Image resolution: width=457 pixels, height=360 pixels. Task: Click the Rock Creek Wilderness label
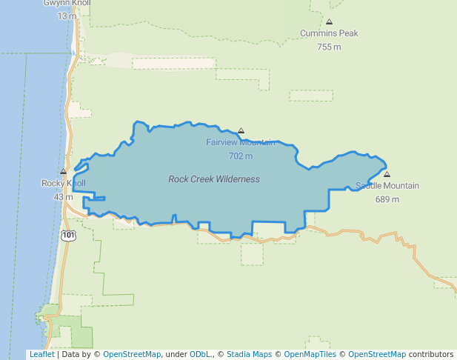click(214, 179)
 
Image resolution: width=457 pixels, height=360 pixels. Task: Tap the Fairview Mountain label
click(240, 142)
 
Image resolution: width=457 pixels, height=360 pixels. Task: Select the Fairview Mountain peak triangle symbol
click(241, 130)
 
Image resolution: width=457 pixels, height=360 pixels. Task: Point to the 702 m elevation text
click(241, 156)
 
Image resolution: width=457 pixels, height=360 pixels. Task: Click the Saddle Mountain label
click(387, 186)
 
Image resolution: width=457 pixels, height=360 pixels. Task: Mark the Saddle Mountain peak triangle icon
click(387, 175)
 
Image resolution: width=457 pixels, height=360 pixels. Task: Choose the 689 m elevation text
click(387, 199)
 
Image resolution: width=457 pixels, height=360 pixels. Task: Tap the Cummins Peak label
click(329, 33)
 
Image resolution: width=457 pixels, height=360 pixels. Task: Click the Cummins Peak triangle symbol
click(329, 22)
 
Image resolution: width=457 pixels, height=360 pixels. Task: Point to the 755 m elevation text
click(329, 47)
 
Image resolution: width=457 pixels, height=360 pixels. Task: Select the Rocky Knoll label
click(63, 183)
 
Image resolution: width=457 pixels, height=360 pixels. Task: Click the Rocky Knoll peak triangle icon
click(63, 172)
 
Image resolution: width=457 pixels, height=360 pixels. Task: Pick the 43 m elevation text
click(63, 197)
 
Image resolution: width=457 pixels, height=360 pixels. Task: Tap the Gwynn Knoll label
click(67, 3)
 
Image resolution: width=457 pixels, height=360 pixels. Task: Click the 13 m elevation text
click(67, 16)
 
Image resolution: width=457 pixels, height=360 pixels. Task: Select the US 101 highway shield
click(68, 235)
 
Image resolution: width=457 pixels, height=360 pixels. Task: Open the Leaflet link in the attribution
click(41, 355)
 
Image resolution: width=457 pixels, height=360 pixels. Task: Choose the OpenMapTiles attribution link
click(310, 355)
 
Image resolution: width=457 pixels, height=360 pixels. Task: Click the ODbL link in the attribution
click(200, 355)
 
